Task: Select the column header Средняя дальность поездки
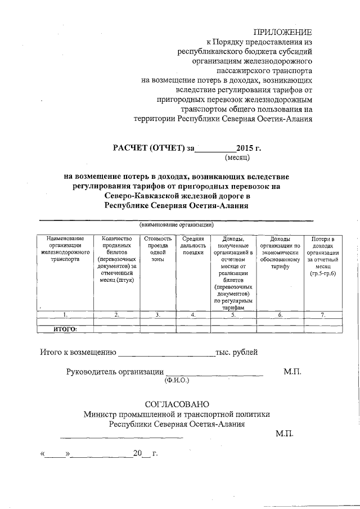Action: pos(192,246)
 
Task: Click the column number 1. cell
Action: pos(65,315)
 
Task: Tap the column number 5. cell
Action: pos(232,315)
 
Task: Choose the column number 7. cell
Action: pos(322,315)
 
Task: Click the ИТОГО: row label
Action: pos(65,329)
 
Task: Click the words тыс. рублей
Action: pos(237,353)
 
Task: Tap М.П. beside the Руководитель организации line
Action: pos(292,372)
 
